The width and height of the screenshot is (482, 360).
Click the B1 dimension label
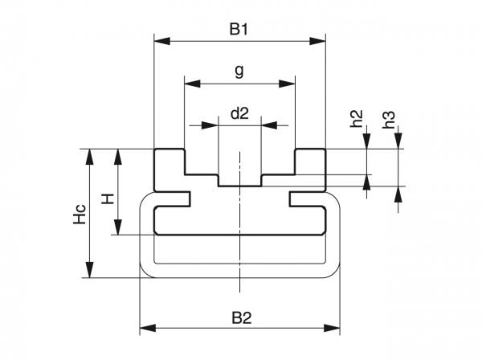(239, 30)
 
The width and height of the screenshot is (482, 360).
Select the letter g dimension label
(239, 72)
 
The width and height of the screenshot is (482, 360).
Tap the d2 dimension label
(239, 114)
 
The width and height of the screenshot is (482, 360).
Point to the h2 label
(358, 120)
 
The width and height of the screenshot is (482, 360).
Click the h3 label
(390, 120)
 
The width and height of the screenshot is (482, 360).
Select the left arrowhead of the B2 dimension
(145, 328)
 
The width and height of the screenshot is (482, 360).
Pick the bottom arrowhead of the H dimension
(119, 229)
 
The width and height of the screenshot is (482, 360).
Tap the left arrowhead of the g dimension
(190, 82)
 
